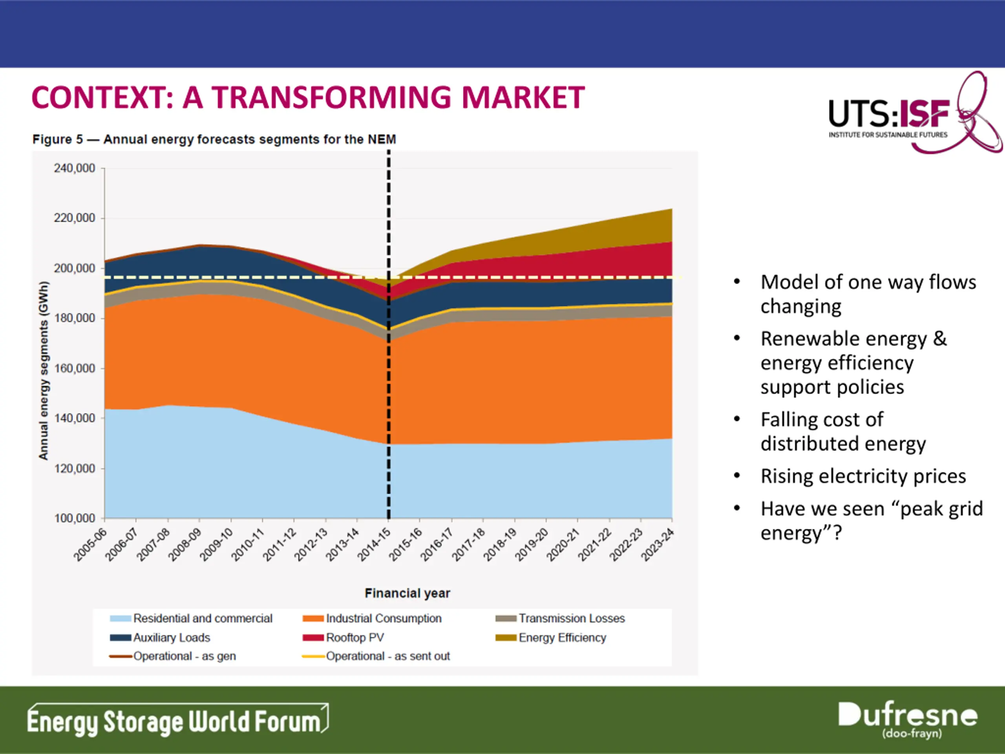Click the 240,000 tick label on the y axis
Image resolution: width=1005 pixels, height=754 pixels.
[75, 168]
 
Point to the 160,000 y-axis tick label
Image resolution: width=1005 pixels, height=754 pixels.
[75, 368]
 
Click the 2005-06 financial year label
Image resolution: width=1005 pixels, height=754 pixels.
[90, 544]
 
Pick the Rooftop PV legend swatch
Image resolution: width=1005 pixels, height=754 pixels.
[313, 638]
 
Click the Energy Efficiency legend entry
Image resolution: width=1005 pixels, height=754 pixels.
[562, 638]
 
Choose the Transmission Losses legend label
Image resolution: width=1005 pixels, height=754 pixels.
[572, 619]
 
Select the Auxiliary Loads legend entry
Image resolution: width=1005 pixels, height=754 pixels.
[171, 638]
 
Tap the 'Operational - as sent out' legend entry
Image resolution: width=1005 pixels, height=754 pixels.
[387, 656]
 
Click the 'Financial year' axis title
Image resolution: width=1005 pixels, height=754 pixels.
[407, 593]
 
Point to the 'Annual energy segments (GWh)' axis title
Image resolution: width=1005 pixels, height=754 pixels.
[44, 370]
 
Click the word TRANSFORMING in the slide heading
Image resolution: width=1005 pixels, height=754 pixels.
[332, 98]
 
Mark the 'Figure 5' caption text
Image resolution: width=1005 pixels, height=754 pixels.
[214, 139]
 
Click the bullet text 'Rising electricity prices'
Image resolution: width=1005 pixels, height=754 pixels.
[863, 476]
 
